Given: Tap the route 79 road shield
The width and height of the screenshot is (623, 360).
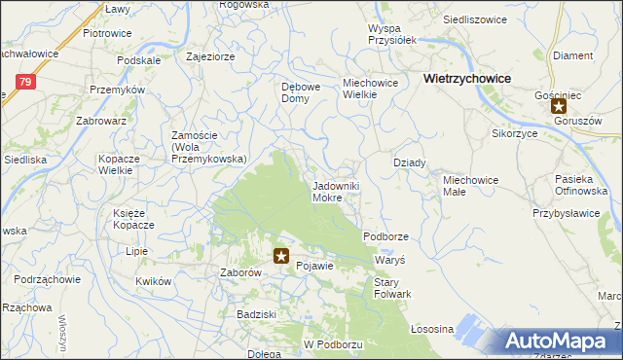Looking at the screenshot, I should [26, 83].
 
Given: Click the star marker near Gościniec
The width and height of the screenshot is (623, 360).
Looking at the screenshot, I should [559, 107].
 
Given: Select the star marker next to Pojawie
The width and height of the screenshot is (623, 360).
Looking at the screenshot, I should [281, 256].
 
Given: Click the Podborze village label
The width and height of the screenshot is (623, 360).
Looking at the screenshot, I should [385, 236].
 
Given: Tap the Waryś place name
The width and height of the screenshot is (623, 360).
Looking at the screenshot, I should [389, 263].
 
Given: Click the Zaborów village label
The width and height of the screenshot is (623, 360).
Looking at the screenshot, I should [240, 274].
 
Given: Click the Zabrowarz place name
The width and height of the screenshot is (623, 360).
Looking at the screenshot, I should [101, 122].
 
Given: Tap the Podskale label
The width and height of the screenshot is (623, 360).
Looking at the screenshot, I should [137, 59].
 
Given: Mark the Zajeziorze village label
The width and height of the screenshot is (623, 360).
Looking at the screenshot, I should [210, 56].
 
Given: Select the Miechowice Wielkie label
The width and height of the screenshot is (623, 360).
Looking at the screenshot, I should [371, 90].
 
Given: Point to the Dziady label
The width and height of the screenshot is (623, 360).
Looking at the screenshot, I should [409, 163].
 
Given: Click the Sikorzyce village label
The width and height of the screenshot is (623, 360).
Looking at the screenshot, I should [516, 133].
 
